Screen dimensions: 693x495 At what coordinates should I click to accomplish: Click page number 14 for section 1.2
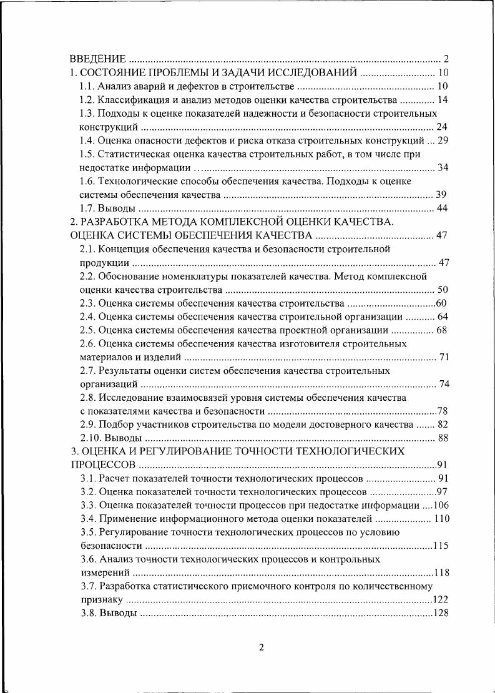pos(443,100)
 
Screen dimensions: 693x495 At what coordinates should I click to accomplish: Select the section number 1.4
pos(87,140)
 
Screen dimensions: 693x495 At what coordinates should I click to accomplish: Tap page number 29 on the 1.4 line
pos(443,140)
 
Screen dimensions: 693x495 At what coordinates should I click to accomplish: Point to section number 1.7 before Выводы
pos(87,208)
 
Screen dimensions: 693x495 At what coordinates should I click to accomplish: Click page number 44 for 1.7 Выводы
pos(443,208)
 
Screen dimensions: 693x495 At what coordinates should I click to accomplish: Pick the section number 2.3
pos(87,303)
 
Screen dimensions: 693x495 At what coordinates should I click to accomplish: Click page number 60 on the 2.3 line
pos(443,303)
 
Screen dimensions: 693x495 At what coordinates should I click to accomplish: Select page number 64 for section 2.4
pos(443,317)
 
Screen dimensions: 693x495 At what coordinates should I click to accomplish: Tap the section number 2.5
pos(87,330)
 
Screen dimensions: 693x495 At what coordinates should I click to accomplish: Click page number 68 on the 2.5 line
pos(443,330)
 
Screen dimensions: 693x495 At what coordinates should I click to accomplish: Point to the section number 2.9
pos(87,425)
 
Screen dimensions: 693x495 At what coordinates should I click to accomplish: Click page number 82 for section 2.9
pos(443,425)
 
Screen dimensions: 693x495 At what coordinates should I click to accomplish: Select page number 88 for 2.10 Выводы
pos(443,438)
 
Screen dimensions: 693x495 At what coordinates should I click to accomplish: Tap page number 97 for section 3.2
pos(443,492)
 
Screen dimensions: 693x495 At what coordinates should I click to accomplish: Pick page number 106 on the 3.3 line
pos(441,505)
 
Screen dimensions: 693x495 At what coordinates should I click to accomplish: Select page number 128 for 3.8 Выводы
pos(441,613)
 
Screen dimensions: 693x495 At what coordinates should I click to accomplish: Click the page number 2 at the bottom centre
pos(262,647)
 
